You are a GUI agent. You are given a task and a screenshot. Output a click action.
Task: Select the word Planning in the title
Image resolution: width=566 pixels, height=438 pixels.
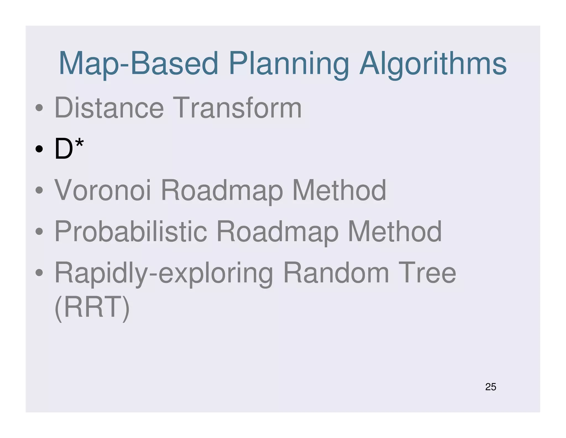[289, 64]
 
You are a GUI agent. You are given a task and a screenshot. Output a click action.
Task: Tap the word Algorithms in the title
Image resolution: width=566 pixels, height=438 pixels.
[433, 64]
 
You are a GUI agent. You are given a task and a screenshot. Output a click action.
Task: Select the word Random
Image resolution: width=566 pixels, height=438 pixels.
[336, 273]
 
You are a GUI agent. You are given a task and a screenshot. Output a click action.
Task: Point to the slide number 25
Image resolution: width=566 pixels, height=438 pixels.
[491, 387]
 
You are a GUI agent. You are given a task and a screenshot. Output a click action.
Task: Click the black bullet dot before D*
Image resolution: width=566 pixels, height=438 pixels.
[39, 149]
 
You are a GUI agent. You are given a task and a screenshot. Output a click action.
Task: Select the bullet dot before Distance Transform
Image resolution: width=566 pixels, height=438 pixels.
[39, 107]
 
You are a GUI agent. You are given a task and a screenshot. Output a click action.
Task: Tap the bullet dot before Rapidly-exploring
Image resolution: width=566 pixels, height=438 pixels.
[39, 272]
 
